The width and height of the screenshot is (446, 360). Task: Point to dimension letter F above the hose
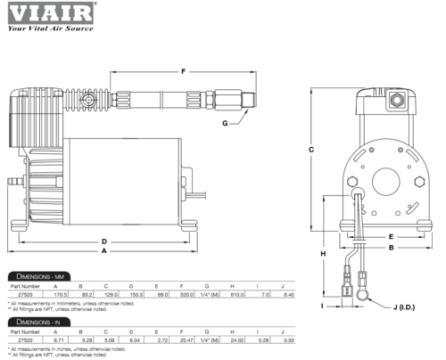point(183,71)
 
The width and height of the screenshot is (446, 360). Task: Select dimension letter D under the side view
point(104,241)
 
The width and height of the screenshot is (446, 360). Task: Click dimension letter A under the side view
point(104,251)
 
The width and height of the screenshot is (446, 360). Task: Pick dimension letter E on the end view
point(391,235)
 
